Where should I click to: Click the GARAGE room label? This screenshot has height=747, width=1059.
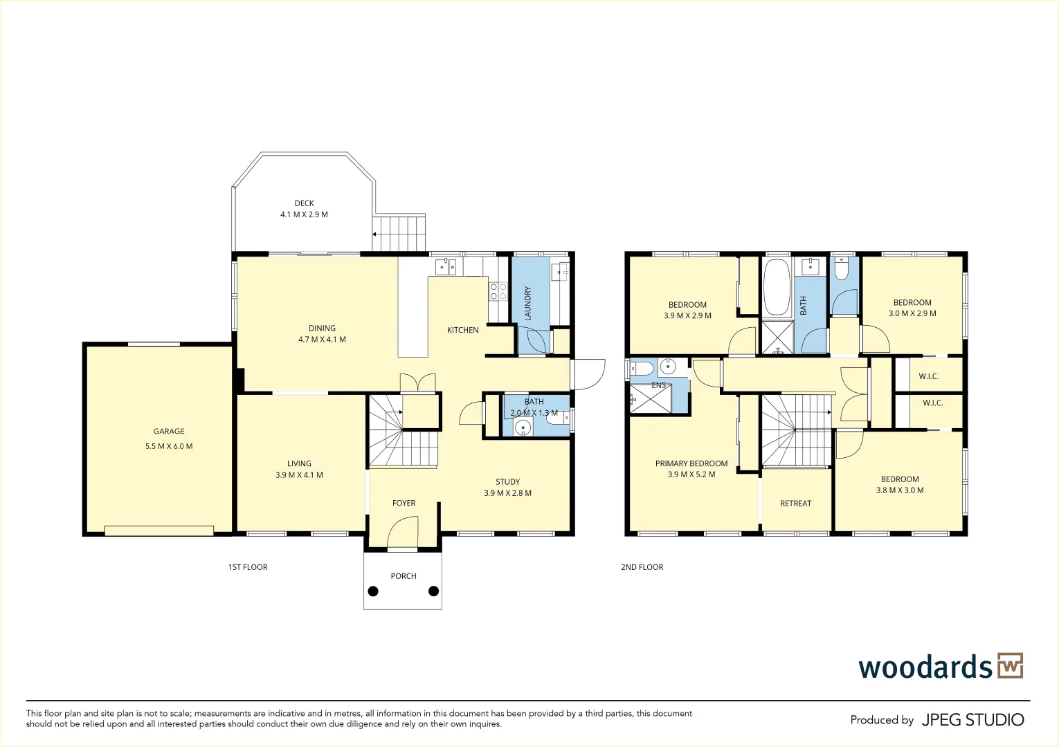coord(169,431)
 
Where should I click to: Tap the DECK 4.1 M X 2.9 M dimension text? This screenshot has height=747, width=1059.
coord(304,214)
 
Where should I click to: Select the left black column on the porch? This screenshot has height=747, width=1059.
coord(373,591)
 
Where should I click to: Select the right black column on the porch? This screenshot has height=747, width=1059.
coord(433,591)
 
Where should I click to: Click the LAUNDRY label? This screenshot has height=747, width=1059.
coord(528,304)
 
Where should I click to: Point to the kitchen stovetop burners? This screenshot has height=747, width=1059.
coord(498,291)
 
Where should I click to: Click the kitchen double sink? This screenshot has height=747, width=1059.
coord(445,267)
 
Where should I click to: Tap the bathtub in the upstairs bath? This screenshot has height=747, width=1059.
coord(777,286)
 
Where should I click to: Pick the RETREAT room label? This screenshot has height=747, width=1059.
coord(796,504)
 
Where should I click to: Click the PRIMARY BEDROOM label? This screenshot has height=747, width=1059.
coord(691,463)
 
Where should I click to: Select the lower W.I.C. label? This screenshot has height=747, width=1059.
coord(933,403)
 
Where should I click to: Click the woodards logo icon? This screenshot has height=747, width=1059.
coord(1011,665)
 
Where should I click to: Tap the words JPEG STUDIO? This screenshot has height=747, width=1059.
coord(973,719)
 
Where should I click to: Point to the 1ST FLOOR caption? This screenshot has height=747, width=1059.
coord(248,567)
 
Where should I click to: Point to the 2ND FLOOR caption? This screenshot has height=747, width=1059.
coord(642,567)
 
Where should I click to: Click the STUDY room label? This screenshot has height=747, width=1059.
coord(508,482)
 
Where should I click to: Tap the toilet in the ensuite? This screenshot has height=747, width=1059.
coord(642,367)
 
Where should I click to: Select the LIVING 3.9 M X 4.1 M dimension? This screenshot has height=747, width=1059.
coord(299,475)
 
